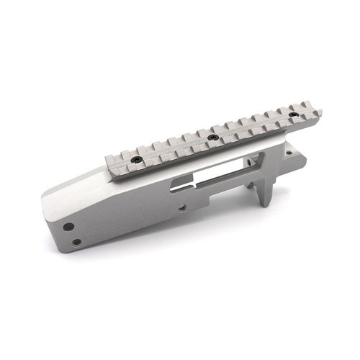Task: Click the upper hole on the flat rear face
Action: point(68,226)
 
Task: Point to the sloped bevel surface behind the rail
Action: point(79,184)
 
